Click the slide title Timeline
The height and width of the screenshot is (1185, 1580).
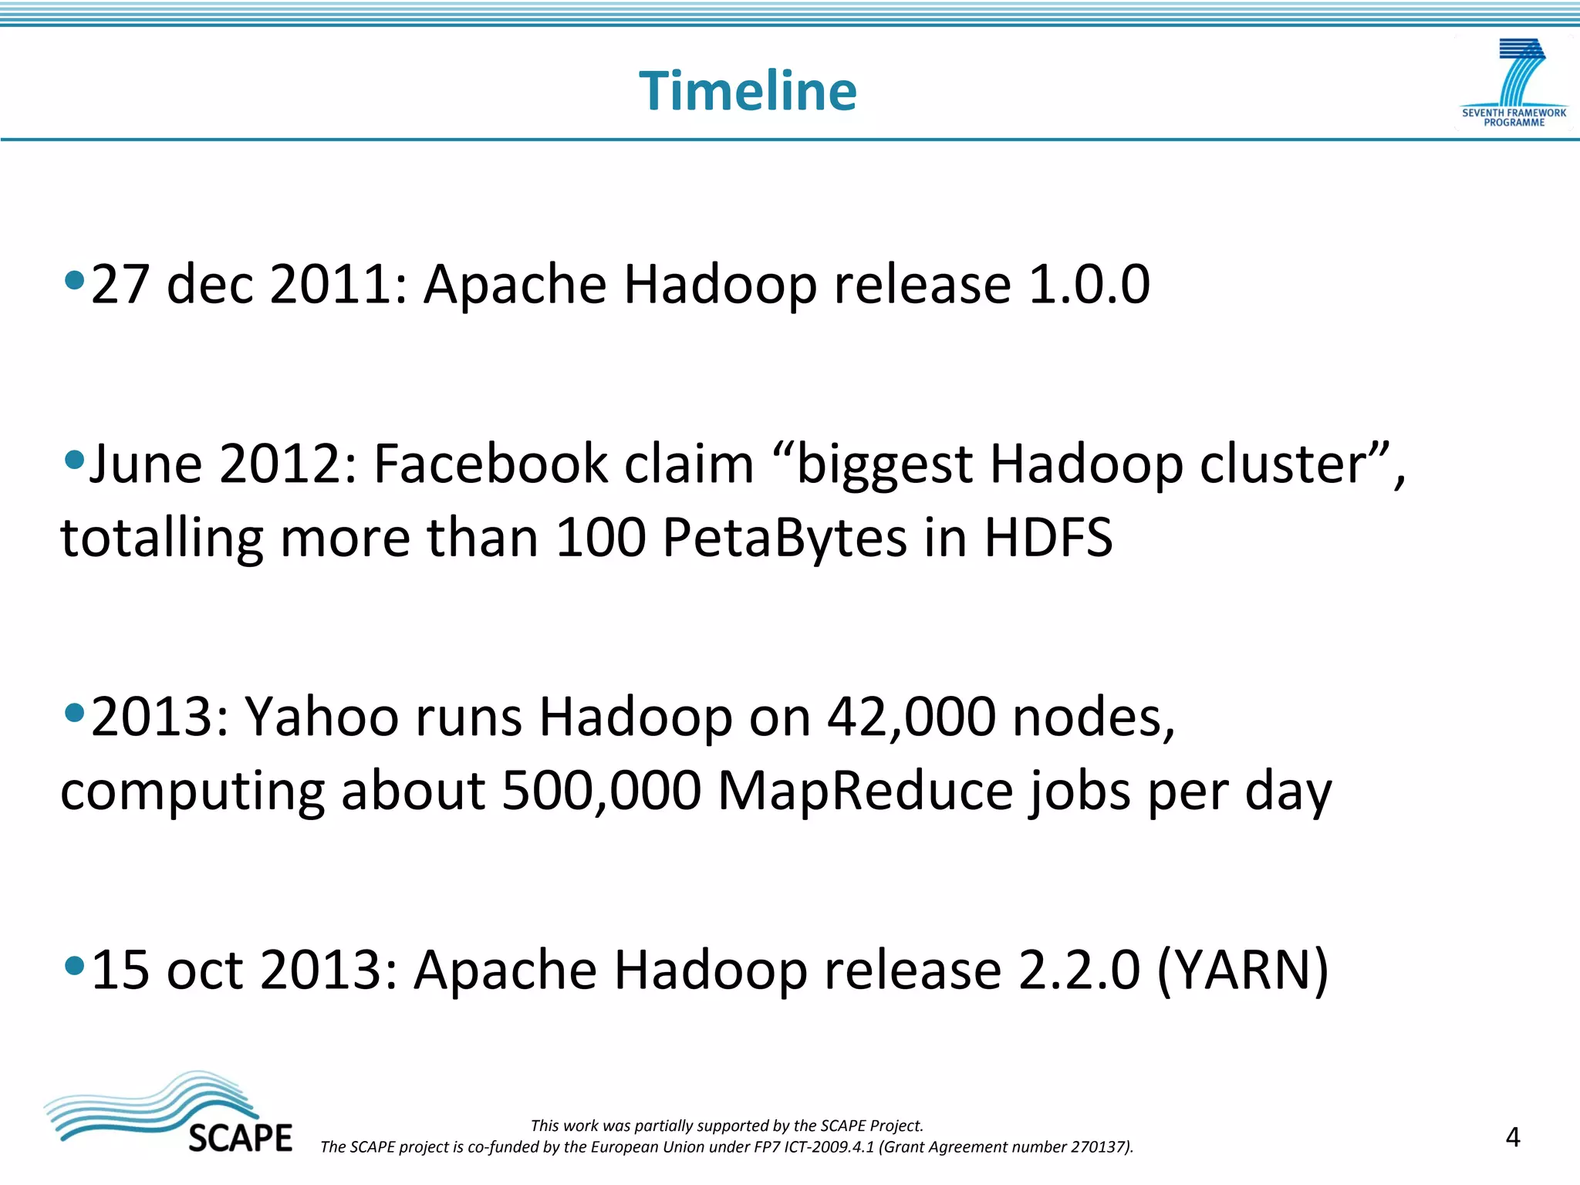[748, 91]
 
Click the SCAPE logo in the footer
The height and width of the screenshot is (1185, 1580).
[168, 1112]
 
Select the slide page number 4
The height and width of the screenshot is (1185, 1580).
[1512, 1137]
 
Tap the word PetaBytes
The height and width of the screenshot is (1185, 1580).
[785, 538]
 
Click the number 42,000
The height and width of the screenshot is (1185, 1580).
[911, 717]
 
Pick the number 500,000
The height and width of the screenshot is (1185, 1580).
[601, 791]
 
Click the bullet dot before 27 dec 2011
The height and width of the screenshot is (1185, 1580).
[74, 280]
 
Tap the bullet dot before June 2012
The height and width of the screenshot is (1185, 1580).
[74, 461]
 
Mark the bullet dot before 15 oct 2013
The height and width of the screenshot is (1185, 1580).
[74, 965]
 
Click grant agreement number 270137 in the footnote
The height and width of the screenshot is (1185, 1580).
[1099, 1147]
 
